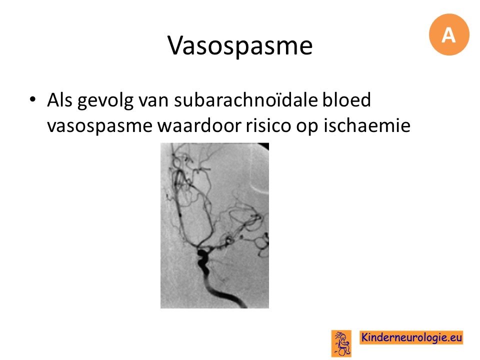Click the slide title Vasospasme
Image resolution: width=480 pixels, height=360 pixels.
(240, 45)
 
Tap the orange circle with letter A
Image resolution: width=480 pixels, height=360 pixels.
(449, 34)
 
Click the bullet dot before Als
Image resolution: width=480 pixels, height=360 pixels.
(33, 99)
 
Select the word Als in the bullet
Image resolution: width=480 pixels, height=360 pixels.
(59, 100)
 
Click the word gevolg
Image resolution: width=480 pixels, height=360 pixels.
(105, 101)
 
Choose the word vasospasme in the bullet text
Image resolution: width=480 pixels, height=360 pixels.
(100, 126)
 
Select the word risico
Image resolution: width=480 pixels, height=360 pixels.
(268, 125)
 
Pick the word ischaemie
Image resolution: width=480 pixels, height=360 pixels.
(367, 125)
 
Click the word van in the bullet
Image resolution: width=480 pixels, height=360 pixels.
(153, 101)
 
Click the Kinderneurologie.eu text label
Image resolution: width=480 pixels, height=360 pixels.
(411, 337)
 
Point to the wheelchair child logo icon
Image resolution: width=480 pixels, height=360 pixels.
(341, 343)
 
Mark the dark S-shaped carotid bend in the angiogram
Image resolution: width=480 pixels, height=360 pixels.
(203, 261)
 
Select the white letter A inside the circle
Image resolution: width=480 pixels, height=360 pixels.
(448, 34)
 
